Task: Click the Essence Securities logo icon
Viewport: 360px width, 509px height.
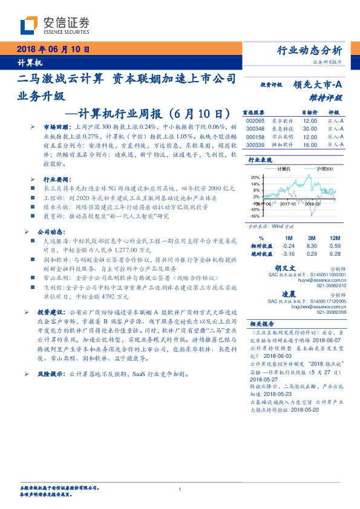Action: tap(30, 26)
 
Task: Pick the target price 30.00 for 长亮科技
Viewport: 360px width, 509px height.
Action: tap(310, 129)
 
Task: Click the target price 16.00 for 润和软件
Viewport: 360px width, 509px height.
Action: tap(310, 145)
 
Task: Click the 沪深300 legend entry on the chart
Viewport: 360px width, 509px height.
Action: tap(326, 170)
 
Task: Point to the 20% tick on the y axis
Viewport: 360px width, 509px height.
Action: tap(255, 177)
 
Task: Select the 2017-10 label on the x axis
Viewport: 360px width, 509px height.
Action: tap(290, 204)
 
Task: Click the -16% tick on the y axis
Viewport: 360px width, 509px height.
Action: tap(255, 215)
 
